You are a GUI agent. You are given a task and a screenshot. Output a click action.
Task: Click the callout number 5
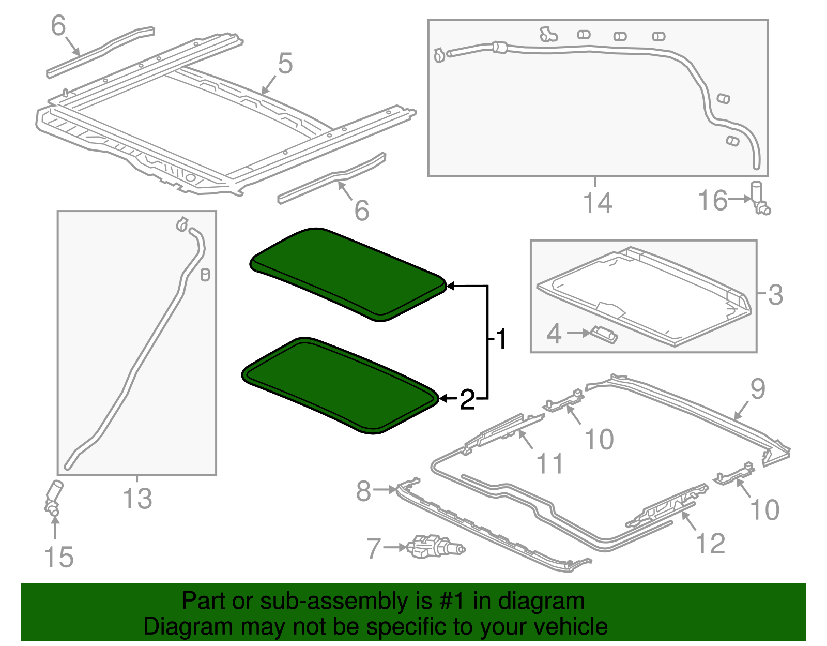285,64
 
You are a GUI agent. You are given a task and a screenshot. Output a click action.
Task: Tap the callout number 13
137,499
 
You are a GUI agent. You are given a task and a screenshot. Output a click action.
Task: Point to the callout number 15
59,557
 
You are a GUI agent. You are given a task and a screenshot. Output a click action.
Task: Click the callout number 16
712,200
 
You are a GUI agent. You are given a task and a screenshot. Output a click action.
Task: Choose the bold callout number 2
467,400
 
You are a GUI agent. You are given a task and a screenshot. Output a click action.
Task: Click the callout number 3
775,295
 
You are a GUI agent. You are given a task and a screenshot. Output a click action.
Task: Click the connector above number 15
53,497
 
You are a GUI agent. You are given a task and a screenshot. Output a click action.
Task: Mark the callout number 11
550,463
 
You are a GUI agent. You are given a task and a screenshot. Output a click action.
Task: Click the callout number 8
363,490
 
